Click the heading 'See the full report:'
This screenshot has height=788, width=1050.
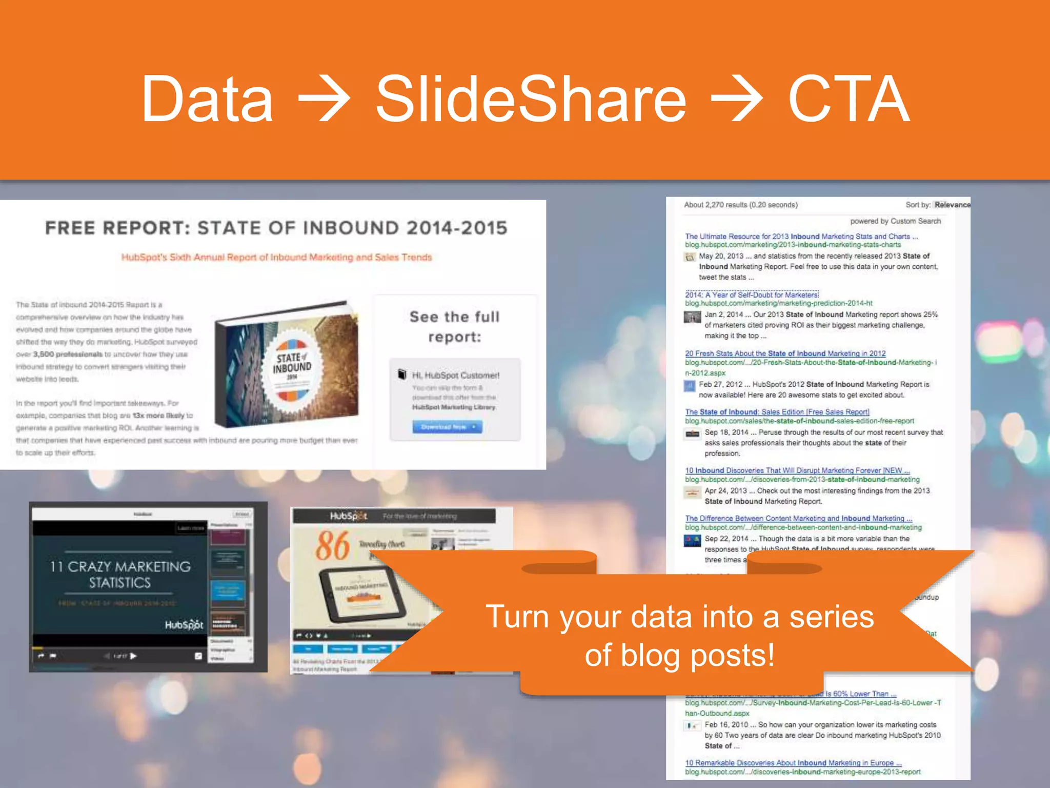tap(454, 327)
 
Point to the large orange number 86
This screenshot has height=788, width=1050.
tap(332, 546)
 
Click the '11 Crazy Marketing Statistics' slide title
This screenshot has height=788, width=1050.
tap(120, 575)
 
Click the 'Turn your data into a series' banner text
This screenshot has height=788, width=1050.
tap(679, 617)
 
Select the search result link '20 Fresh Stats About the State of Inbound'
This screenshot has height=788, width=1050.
tap(785, 353)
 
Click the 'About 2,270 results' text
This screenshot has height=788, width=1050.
tap(740, 205)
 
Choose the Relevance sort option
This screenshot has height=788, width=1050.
tap(952, 205)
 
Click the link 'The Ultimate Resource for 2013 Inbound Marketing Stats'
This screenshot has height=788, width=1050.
tap(801, 237)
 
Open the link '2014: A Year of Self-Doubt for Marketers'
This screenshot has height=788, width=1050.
tap(752, 295)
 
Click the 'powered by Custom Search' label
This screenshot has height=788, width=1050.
tap(895, 221)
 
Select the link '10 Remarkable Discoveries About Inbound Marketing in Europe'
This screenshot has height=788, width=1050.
tap(793, 763)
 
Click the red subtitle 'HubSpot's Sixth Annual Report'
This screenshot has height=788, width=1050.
tap(276, 258)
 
